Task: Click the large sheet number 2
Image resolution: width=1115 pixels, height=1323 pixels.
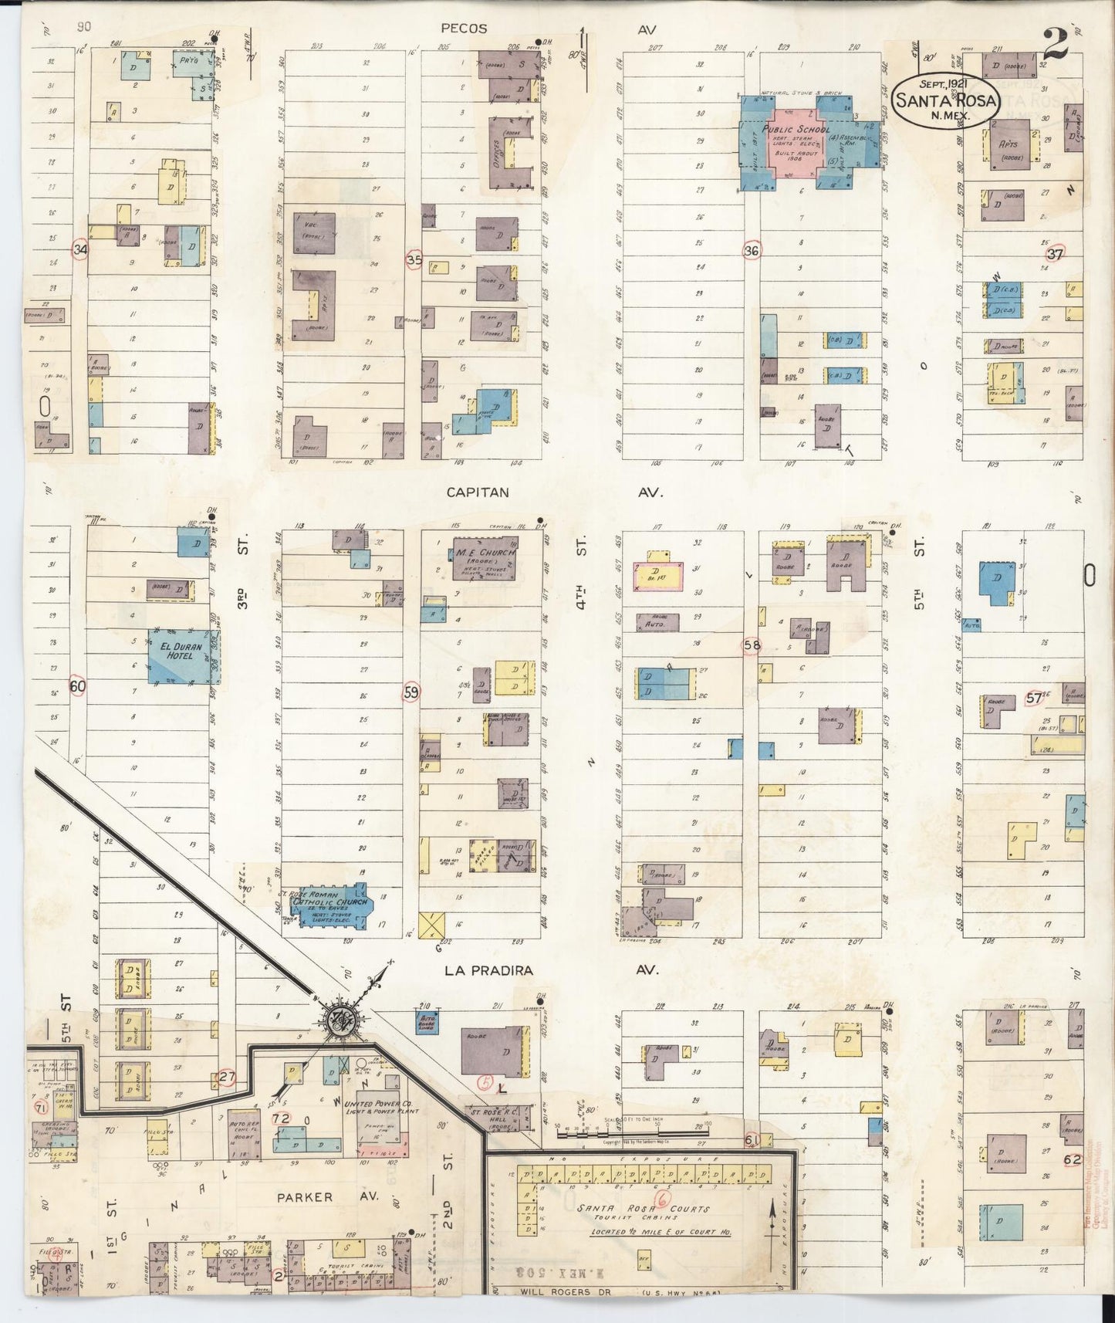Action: tap(1055, 45)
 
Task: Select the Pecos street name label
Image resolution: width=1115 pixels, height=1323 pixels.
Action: tap(464, 29)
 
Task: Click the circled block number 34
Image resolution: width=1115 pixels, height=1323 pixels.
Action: tap(79, 249)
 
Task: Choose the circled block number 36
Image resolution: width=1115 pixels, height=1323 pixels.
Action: tap(752, 250)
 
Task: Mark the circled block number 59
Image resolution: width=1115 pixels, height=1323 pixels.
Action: tap(411, 693)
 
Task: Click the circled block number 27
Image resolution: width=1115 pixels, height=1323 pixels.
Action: tap(226, 1078)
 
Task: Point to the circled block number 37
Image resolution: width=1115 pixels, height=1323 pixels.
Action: tap(1055, 254)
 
